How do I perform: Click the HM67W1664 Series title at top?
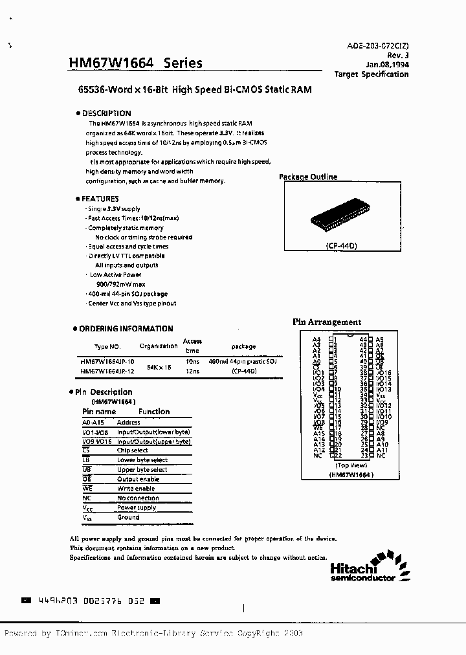(x=135, y=63)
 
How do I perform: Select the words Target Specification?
(x=371, y=74)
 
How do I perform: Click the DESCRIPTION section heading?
(x=106, y=113)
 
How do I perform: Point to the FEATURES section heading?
(x=100, y=199)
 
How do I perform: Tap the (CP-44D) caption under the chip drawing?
(x=343, y=247)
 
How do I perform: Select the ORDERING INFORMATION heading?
(x=126, y=329)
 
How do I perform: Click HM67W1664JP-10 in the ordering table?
(x=107, y=361)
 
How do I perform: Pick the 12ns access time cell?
(x=192, y=371)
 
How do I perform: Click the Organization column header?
(x=159, y=346)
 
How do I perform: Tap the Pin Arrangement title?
(x=327, y=322)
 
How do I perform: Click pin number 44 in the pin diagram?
(x=363, y=339)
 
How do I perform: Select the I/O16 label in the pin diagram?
(x=384, y=373)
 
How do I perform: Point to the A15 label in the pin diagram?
(x=318, y=433)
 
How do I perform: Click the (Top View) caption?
(x=351, y=465)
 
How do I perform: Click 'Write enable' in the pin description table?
(x=136, y=489)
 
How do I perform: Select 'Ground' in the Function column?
(x=128, y=517)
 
